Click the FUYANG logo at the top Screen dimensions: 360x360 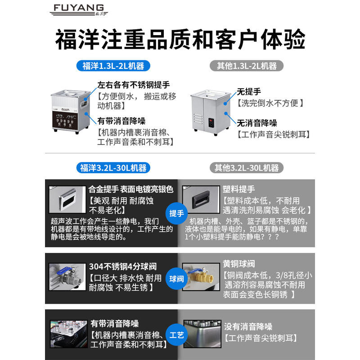pos(79,10)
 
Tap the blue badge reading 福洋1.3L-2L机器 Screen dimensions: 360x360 pos(113,66)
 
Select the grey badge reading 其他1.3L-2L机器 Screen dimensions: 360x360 pos(247,66)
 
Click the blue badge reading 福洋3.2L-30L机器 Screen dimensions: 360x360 pos(113,168)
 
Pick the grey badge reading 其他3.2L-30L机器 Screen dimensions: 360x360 pos(247,168)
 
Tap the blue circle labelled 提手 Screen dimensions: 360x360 pos(176,213)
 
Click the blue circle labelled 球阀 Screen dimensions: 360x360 pos(176,279)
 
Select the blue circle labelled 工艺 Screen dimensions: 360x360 pos(176,335)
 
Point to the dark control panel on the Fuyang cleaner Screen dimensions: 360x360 pos(64,120)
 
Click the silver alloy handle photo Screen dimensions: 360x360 pos(67,199)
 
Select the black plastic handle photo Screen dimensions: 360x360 pos(201,199)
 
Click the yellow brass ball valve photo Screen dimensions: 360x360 pos(201,277)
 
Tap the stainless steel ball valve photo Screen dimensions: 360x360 pos(67,277)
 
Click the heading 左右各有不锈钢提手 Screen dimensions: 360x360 pos(133,85)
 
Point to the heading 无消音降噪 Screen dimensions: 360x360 pos(256,123)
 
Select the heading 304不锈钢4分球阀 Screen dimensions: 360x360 pos(123,266)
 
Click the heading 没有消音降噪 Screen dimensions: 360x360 pos(248,327)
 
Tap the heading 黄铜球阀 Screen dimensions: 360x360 pos(239,264)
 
